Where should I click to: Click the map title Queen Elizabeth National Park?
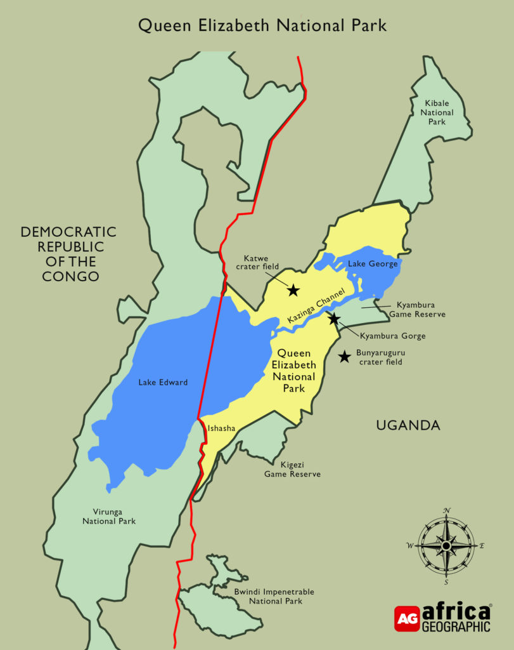pyautogui.click(x=262, y=25)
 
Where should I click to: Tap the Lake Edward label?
pyautogui.click(x=164, y=382)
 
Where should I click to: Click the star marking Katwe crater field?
pyautogui.click(x=293, y=291)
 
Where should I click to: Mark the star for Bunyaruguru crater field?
pyautogui.click(x=344, y=357)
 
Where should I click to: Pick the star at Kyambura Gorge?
pyautogui.click(x=333, y=319)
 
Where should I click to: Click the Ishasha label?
pyautogui.click(x=221, y=428)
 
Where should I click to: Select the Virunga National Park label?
pyautogui.click(x=109, y=516)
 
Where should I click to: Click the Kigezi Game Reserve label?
pyautogui.click(x=292, y=469)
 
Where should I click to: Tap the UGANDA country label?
pyautogui.click(x=408, y=425)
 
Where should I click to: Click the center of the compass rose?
pyautogui.click(x=446, y=545)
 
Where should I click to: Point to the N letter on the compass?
pyautogui.click(x=447, y=511)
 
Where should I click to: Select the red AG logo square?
pyautogui.click(x=406, y=618)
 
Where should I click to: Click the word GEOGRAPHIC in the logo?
pyautogui.click(x=456, y=626)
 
